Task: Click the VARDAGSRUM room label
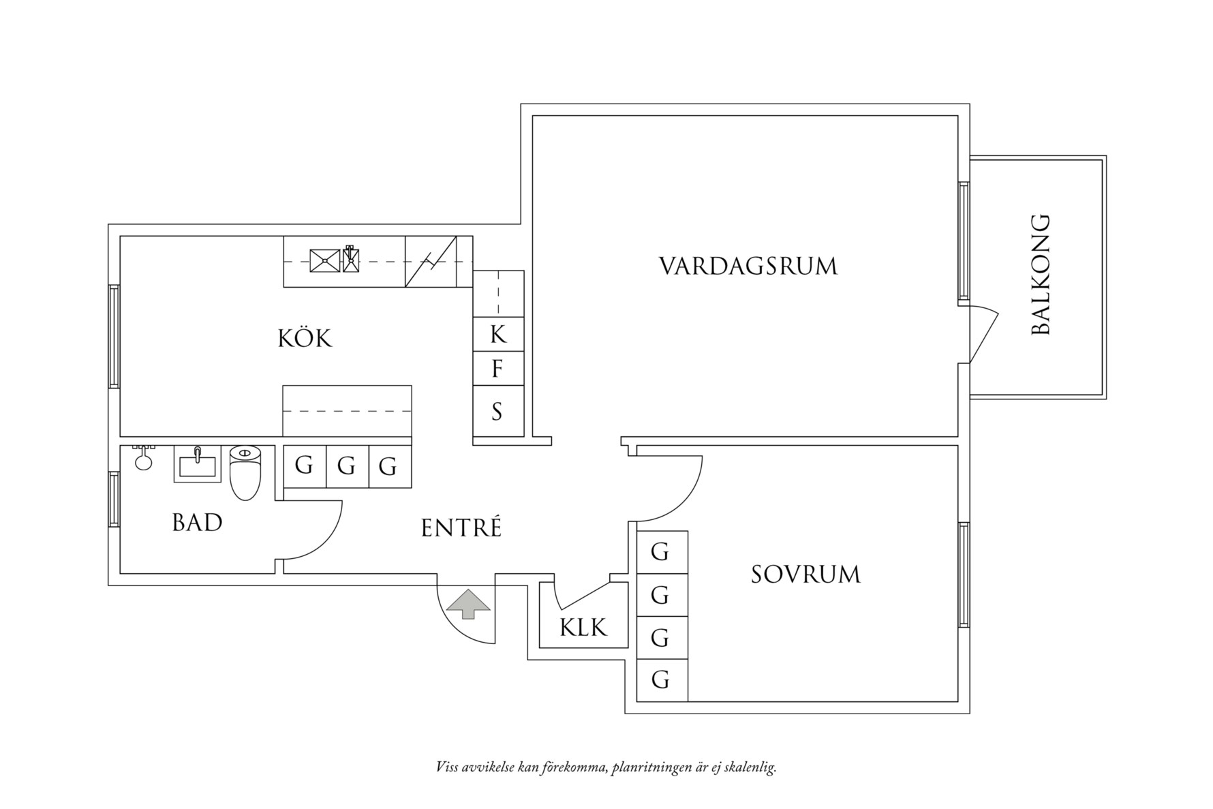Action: tap(748, 266)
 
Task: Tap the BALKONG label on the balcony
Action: tap(1041, 275)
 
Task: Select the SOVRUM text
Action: tap(805, 575)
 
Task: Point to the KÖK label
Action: tap(305, 338)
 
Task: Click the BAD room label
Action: tap(197, 523)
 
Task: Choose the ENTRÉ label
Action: tap(461, 528)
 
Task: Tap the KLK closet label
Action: tap(583, 627)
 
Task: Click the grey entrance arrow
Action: tap(467, 605)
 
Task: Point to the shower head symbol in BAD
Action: tap(143, 459)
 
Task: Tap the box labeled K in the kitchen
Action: tap(498, 335)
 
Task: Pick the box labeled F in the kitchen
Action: tap(498, 369)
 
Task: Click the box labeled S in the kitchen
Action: tap(498, 411)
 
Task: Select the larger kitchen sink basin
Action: tap(324, 260)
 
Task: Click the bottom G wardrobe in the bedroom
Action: tap(661, 680)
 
